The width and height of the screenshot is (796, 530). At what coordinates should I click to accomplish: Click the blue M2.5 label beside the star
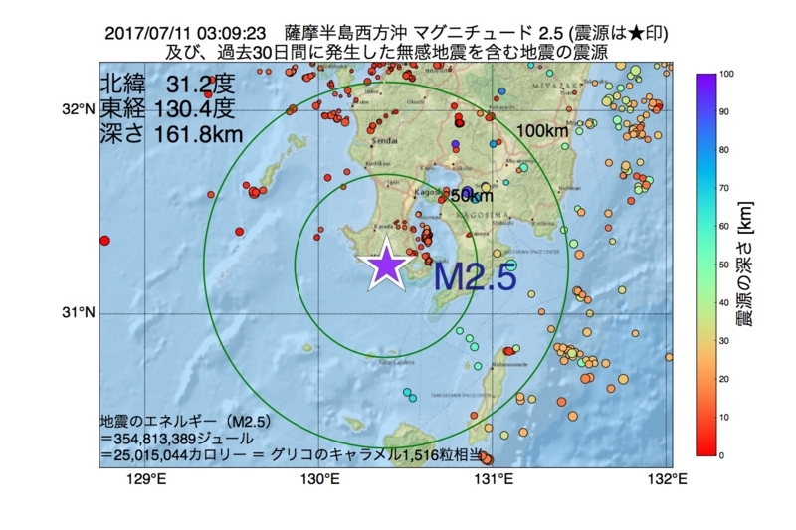475,277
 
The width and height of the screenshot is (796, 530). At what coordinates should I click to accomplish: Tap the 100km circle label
542,131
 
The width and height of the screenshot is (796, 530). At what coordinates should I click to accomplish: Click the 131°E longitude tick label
494,481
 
